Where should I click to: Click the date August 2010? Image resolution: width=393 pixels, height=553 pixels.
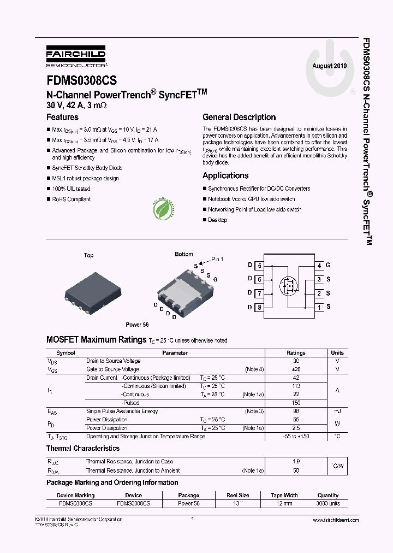point(329,66)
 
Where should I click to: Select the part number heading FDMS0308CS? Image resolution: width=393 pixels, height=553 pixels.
point(81,81)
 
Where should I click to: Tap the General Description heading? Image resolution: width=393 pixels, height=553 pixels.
point(239,117)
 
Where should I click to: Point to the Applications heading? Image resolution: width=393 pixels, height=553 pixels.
point(225,175)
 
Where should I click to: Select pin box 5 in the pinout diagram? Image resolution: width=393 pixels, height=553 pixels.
point(259,266)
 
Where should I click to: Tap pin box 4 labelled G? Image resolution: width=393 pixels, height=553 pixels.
point(319,266)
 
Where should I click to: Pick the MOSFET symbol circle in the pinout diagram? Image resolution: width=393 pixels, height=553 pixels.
point(289,286)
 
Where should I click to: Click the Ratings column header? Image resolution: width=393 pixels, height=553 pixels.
point(296,353)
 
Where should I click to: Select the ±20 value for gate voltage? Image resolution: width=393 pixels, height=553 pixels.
point(296,369)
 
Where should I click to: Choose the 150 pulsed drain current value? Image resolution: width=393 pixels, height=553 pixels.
point(296,403)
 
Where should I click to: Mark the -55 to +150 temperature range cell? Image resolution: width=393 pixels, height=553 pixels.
point(296,436)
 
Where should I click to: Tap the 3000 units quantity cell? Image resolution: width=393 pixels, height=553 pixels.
point(328,503)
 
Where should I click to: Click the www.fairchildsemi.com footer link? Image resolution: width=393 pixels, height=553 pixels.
point(335,520)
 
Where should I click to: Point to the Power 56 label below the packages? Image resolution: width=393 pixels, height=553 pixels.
point(137,325)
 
